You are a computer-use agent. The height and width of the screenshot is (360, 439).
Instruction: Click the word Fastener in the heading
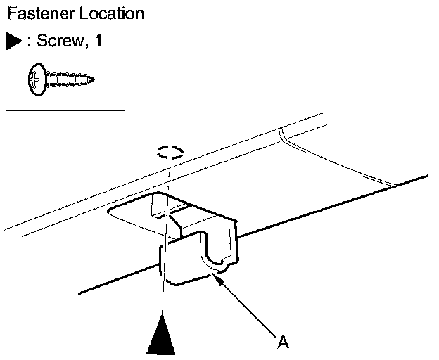34,13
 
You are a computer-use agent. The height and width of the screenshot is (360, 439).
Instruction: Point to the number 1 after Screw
98,41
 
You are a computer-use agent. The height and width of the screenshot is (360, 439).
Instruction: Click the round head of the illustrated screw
37,79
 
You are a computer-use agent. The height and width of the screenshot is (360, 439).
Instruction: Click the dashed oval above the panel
170,152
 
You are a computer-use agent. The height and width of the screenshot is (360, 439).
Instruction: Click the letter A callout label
283,342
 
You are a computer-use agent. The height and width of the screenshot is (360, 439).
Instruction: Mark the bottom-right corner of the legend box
125,110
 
